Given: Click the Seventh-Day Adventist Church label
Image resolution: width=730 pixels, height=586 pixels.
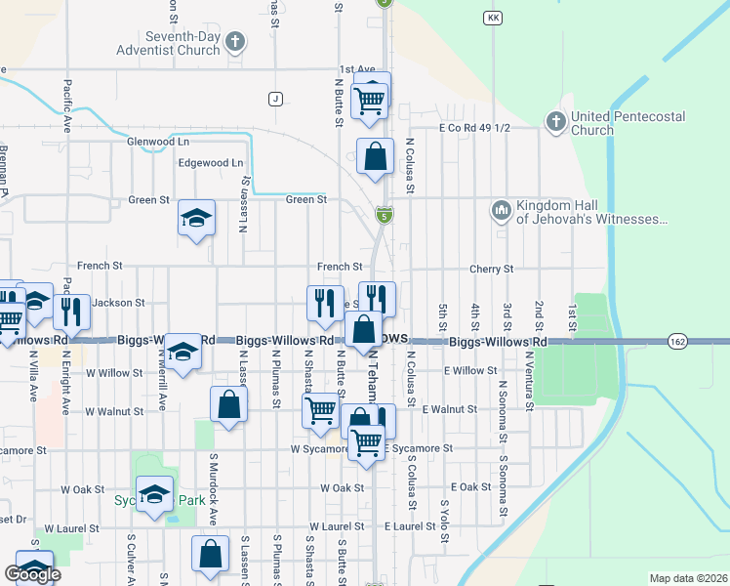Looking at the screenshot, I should tap(167, 43).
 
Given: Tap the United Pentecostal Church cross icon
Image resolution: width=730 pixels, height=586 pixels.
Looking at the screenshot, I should tap(555, 122).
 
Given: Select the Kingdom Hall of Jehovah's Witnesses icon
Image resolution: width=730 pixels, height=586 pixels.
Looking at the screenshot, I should tap(502, 211).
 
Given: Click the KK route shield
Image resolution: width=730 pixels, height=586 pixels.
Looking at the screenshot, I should tap(492, 19).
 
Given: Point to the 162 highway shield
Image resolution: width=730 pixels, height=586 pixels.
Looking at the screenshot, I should tap(677, 342).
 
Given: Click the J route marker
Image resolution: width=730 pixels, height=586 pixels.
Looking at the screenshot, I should tap(276, 99).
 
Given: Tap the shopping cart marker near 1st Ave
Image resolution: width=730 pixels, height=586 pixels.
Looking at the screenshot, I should tap(370, 98).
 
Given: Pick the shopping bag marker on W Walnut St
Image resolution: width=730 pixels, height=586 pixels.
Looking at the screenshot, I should tap(227, 405).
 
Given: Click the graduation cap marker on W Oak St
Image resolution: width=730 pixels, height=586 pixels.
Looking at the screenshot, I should tap(154, 494).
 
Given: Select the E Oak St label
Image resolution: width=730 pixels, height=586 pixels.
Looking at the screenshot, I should tap(470, 486).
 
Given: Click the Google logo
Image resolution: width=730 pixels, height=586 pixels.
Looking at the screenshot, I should tap(32, 574).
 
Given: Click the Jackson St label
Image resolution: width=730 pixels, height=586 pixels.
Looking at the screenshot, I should tap(119, 304).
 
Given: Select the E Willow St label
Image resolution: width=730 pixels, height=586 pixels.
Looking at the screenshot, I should tap(470, 371).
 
